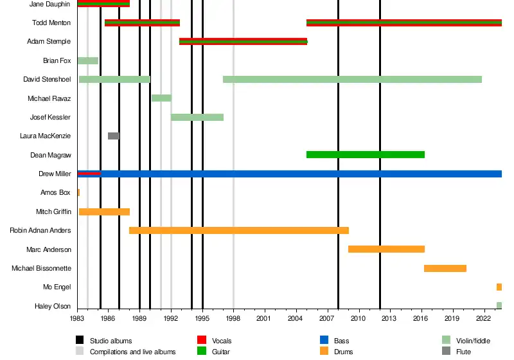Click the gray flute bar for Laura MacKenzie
tap(114, 136)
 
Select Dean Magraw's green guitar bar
tap(365, 154)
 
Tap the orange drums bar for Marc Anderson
tap(386, 249)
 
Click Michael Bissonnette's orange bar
tap(445, 268)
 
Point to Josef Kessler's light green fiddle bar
tap(197, 117)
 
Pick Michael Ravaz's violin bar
tap(161, 98)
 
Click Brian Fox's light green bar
tap(88, 60)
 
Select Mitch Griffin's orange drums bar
tap(104, 212)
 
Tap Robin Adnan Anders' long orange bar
tap(239, 230)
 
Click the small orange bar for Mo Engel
tap(499, 287)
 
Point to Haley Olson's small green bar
tap(499, 305)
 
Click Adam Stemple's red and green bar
tap(243, 42)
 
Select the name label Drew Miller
tap(55, 174)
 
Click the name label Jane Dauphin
tap(50, 4)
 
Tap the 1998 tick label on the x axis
tap(233, 318)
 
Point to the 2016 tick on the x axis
tap(421, 318)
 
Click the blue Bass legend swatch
tap(324, 340)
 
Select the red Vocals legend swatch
tap(200, 340)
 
